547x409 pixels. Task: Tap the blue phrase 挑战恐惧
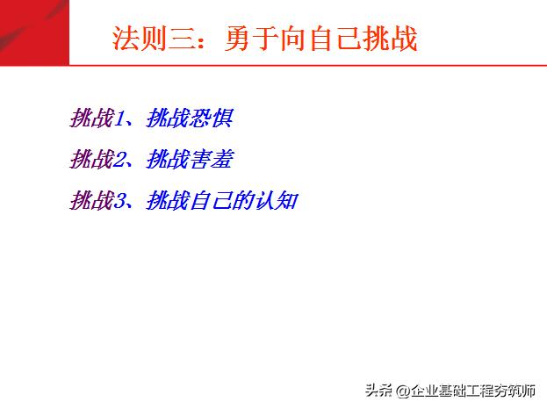[190, 118]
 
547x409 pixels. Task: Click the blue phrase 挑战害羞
[190, 160]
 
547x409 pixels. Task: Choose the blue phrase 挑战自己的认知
[222, 201]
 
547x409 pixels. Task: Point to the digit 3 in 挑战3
[119, 202]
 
